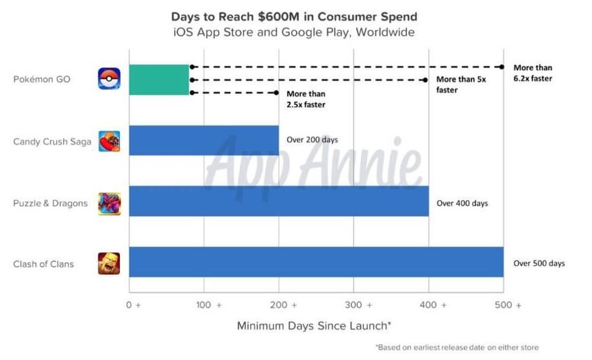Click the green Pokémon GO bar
click(x=159, y=80)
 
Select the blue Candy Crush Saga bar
click(x=204, y=140)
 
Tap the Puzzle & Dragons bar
click(x=279, y=201)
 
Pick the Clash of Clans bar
click(x=316, y=262)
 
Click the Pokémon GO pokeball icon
click(x=109, y=80)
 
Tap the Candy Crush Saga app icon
click(x=109, y=141)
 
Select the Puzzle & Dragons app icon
click(x=109, y=203)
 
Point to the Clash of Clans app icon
click(x=109, y=263)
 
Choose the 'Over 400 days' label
click(x=462, y=203)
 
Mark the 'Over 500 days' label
click(x=539, y=263)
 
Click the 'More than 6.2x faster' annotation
click(x=533, y=73)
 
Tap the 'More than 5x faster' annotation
click(x=461, y=85)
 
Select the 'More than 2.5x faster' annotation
click(x=306, y=99)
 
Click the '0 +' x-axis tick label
click(x=134, y=305)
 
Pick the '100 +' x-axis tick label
click(x=208, y=305)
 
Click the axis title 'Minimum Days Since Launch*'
click(x=314, y=326)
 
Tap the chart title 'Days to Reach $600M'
click(x=294, y=16)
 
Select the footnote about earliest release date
click(x=458, y=347)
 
